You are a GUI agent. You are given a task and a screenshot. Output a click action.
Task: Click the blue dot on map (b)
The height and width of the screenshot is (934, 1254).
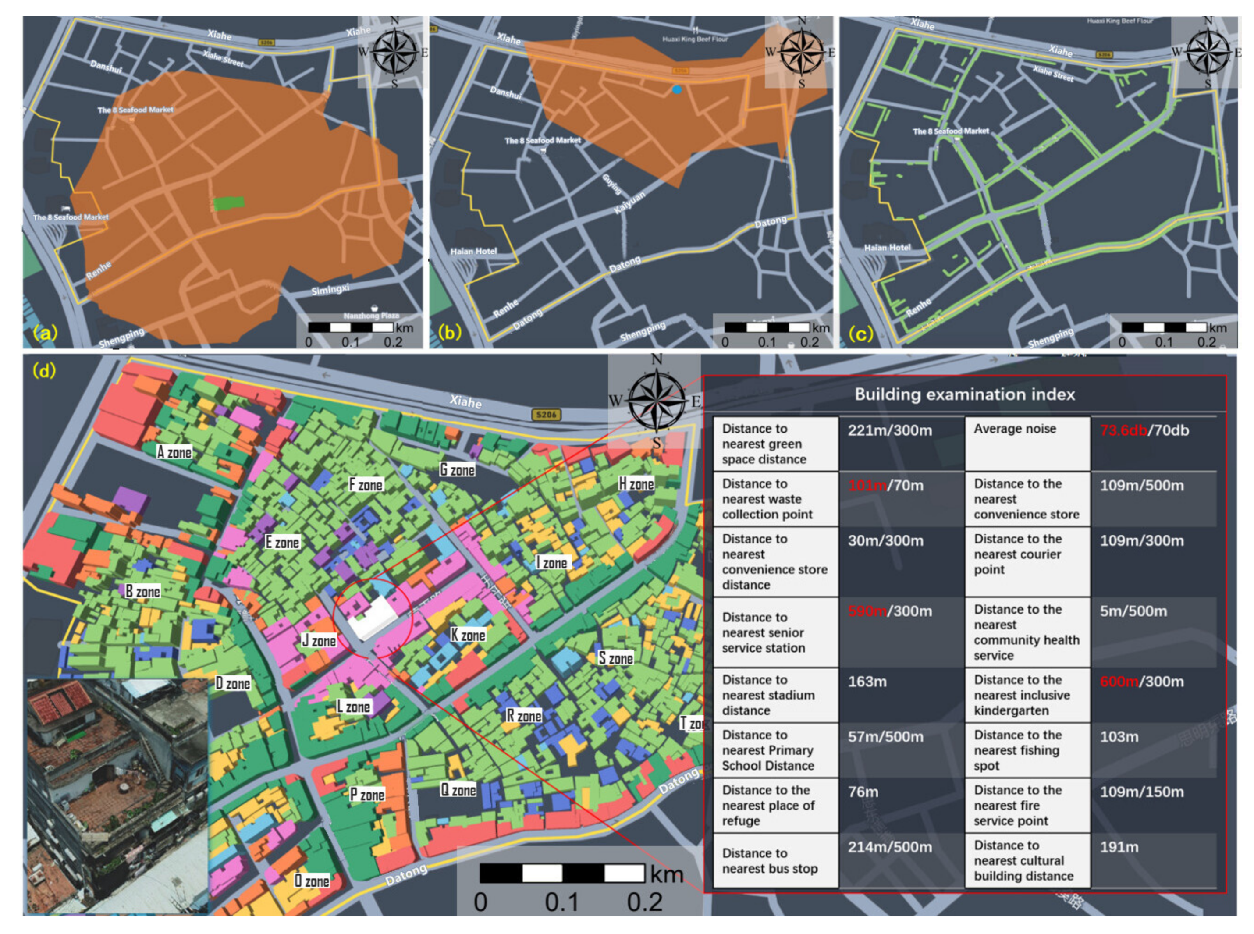click(x=677, y=89)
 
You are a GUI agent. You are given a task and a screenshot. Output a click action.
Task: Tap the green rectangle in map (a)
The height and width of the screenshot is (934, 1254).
click(x=228, y=203)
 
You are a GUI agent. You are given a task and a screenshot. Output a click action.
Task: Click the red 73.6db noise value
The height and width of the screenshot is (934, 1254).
click(x=1123, y=430)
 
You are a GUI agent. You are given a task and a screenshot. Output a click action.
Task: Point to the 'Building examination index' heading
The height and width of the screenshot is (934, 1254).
click(x=965, y=394)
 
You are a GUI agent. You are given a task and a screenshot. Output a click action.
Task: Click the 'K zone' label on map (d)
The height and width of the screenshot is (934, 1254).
click(x=468, y=635)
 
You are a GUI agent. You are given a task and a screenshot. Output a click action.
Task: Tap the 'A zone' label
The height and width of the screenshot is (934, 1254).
click(x=174, y=452)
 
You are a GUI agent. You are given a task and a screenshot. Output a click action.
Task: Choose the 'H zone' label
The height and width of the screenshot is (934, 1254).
click(x=636, y=484)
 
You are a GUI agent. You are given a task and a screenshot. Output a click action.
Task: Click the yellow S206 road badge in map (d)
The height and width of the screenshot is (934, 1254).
click(x=546, y=415)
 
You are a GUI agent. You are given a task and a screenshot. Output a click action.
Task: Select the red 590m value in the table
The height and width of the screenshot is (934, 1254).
click(x=867, y=611)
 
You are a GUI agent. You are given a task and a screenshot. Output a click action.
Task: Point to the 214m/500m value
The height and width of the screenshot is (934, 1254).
click(x=889, y=847)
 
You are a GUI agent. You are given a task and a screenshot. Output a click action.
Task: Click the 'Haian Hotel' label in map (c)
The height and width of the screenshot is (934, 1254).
click(x=887, y=247)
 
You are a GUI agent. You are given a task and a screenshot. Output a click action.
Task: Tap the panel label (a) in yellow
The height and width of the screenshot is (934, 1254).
click(x=45, y=332)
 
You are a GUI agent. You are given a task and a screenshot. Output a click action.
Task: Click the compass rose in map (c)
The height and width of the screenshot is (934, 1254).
click(x=1208, y=53)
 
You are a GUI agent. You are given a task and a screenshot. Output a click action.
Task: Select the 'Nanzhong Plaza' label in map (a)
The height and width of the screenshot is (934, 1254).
click(x=371, y=316)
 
